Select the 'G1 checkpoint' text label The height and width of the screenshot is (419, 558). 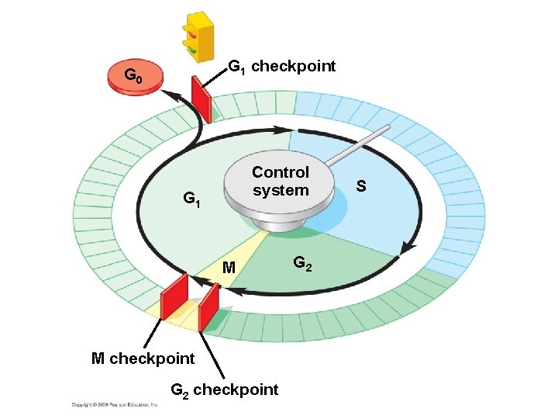coord(281,66)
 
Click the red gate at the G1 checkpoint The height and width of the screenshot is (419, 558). coord(201,99)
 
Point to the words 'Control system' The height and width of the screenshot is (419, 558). coord(280,181)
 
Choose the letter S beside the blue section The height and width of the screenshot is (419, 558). coord(361,186)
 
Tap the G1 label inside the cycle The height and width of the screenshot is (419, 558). coord(191,199)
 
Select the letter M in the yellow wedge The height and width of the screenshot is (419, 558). coord(229,268)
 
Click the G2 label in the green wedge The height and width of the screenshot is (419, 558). coord(303,265)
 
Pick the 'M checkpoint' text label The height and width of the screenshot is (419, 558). coord(143,358)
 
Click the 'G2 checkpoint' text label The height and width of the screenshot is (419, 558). coord(224,390)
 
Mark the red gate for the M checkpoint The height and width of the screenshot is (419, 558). coord(174,298)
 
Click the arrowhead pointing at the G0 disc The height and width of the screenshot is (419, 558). coord(173,93)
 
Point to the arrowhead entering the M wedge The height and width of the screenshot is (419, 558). coord(238,292)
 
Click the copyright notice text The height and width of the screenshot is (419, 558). coord(115,405)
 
